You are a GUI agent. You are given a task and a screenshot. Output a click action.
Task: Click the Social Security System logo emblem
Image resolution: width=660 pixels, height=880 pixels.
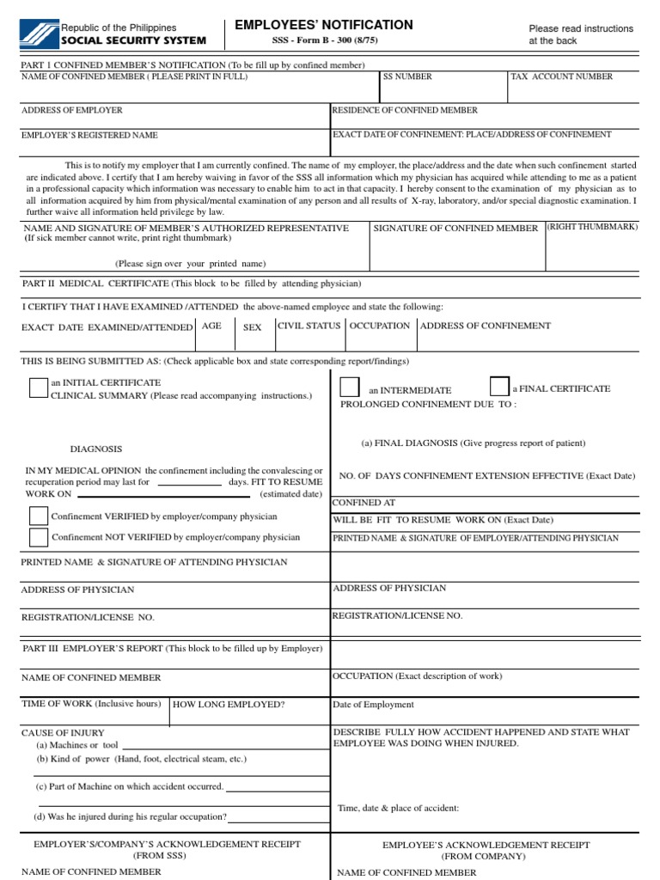coord(36,34)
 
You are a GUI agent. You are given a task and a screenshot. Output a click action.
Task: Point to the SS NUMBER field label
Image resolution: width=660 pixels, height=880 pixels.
coord(407,77)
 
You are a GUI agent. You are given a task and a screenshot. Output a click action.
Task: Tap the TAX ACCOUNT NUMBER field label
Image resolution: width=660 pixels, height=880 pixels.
coord(562,77)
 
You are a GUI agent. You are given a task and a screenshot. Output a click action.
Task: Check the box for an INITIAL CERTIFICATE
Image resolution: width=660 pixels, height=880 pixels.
coord(39,388)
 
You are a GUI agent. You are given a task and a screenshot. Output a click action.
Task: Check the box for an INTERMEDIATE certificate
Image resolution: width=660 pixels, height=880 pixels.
coord(350,388)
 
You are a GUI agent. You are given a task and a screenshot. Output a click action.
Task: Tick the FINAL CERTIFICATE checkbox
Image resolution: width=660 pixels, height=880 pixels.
coord(499,387)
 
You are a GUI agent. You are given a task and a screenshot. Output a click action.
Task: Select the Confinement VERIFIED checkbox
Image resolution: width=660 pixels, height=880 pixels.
coord(39,516)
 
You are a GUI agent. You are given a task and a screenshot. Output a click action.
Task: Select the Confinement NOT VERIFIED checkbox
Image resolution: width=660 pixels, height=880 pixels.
coord(39,537)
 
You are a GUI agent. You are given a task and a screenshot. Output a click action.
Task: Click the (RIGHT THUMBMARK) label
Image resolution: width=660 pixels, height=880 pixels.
coord(593,227)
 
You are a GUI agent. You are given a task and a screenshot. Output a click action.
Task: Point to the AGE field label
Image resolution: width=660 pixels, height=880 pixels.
coord(211,326)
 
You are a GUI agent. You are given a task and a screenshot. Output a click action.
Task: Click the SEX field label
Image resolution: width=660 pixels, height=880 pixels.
coord(253,327)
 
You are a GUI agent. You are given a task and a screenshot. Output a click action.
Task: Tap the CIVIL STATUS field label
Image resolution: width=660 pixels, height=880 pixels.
coord(309,326)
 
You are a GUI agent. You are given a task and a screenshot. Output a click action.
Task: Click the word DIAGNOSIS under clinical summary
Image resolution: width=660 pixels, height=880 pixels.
coord(95,449)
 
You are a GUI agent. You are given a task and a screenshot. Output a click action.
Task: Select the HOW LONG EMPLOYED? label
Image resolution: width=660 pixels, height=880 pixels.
coord(229,705)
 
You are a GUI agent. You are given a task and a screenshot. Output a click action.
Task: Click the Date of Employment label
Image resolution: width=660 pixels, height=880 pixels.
coord(373,705)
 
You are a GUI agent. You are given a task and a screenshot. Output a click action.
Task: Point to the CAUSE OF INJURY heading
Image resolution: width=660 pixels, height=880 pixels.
coord(63,732)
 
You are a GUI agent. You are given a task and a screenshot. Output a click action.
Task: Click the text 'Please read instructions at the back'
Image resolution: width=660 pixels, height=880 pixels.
coord(581,34)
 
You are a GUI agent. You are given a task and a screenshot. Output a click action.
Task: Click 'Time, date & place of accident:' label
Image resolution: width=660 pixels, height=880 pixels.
coord(399,808)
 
